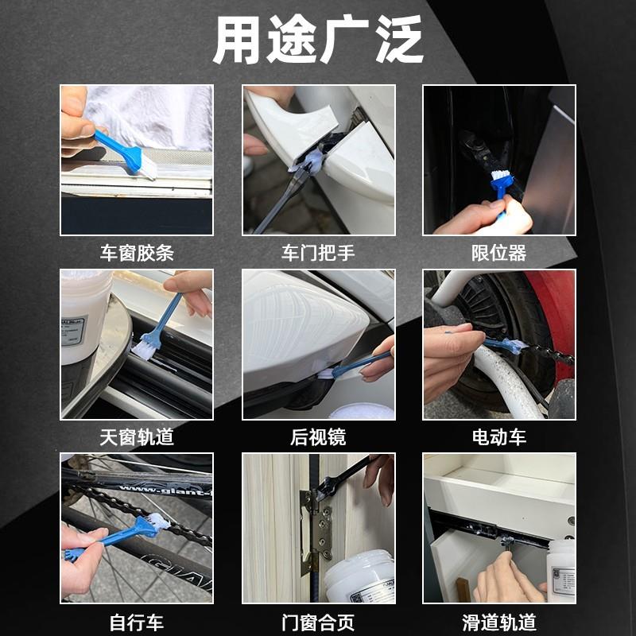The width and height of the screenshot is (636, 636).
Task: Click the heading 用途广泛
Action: (x=318, y=39)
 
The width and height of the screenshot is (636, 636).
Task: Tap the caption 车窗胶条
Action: (x=137, y=253)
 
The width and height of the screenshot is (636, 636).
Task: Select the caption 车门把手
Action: (x=318, y=253)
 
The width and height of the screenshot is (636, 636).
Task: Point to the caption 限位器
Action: (x=499, y=253)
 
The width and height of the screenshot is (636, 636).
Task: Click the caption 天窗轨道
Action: (x=137, y=437)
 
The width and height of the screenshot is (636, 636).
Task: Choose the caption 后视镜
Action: (x=318, y=437)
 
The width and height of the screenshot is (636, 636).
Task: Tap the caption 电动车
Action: (x=499, y=437)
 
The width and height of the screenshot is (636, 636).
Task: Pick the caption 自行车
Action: (x=137, y=622)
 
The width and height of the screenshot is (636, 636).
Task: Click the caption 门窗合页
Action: (x=318, y=622)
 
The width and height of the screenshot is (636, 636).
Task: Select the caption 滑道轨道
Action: (x=499, y=622)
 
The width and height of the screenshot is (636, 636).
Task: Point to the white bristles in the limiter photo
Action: (x=500, y=176)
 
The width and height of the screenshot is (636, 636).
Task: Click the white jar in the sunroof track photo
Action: (x=84, y=316)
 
